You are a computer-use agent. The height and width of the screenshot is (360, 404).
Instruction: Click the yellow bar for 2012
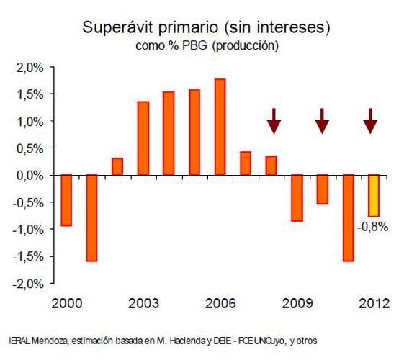tap(373, 195)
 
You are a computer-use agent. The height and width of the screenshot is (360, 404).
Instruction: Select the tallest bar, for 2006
tap(220, 127)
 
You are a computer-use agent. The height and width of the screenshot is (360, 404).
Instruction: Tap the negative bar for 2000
tap(66, 200)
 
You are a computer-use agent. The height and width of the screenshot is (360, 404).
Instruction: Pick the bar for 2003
tap(143, 138)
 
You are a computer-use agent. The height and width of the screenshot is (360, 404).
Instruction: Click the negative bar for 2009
tap(297, 197)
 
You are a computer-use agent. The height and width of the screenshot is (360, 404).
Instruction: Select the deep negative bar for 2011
tap(348, 217)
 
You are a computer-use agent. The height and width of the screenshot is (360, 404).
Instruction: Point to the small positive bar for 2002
tap(117, 166)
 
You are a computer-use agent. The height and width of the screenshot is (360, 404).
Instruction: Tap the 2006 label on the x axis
tap(220, 302)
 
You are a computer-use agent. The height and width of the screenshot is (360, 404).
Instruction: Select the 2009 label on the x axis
tap(297, 302)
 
